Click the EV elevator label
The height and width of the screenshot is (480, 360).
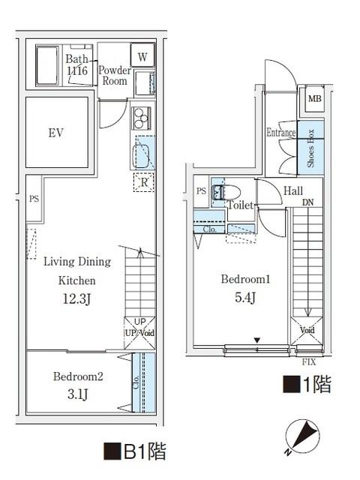(x=55, y=133)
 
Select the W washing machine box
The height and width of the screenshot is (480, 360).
(x=142, y=55)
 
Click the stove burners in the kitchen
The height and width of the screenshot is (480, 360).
(x=140, y=118)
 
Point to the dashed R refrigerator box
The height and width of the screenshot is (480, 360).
(x=142, y=181)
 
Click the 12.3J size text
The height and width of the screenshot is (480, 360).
(x=77, y=300)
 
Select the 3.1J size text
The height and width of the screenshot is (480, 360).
(x=78, y=394)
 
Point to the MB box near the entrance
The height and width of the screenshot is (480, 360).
(x=313, y=99)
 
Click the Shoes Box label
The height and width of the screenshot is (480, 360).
(x=310, y=146)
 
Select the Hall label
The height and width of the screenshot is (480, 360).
(x=293, y=191)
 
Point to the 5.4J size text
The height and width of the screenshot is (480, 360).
(x=245, y=298)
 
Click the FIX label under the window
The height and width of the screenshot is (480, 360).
(x=308, y=362)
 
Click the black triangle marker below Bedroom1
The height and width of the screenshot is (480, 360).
(x=256, y=341)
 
